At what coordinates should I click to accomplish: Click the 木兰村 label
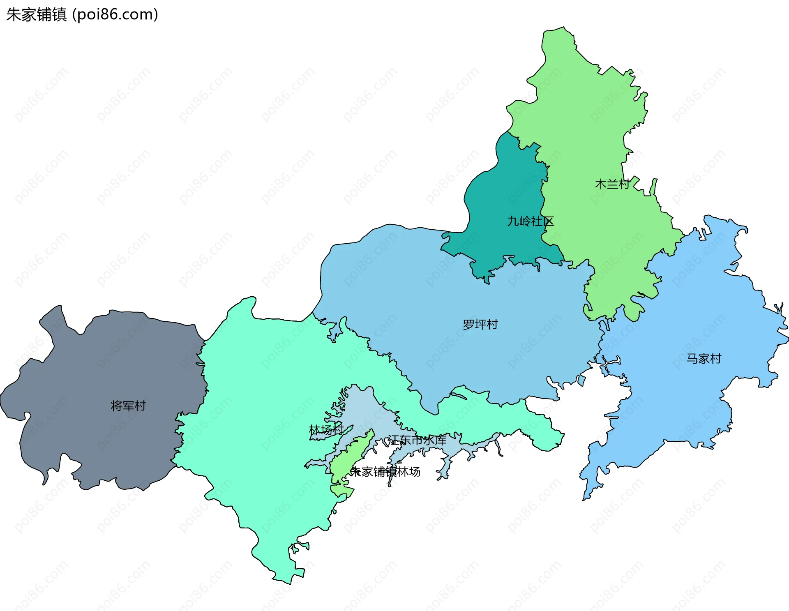612,184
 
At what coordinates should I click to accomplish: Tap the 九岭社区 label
530,221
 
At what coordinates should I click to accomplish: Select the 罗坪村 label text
480,325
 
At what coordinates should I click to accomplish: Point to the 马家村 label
704,359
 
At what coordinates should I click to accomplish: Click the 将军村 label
128,406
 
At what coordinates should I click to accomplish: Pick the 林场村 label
326,430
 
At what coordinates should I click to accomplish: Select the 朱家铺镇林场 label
385,472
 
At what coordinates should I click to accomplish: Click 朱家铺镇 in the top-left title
36,15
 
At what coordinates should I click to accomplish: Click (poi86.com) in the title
115,15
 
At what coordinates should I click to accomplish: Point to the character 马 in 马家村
692,359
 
